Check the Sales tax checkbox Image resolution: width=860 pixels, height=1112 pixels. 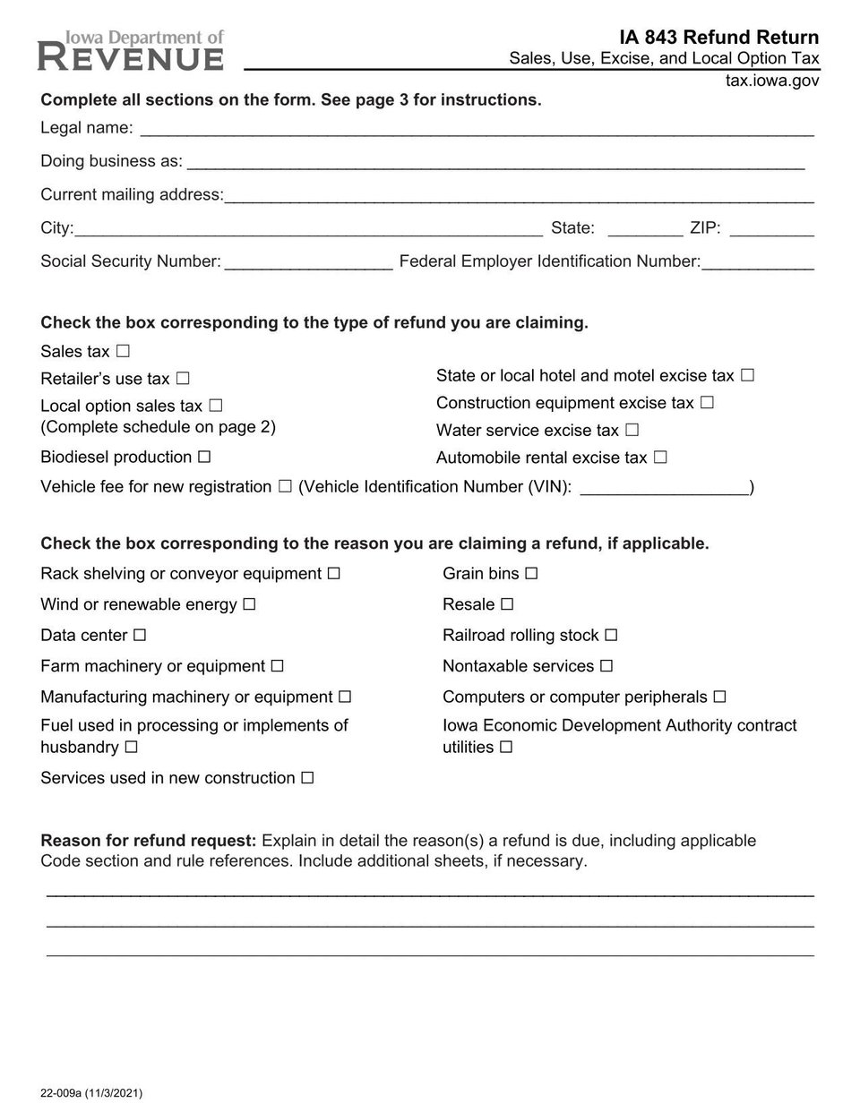pos(123,351)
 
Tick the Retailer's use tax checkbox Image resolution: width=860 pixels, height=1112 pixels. pos(183,379)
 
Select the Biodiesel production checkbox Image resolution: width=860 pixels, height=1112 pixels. pos(204,457)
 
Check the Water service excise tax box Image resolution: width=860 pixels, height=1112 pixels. pos(632,430)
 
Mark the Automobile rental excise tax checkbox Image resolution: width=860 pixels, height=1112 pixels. pos(660,458)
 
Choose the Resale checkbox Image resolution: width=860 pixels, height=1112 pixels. pos(508,604)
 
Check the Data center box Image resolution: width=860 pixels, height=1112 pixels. pos(140,635)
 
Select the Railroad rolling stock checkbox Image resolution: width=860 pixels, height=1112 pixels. pos(611,635)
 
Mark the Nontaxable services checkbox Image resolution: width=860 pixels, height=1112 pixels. pos(606,666)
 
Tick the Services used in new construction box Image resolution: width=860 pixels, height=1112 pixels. pos(307,778)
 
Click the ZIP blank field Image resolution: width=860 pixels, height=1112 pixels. pos(771,231)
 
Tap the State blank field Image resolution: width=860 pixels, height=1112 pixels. pos(645,231)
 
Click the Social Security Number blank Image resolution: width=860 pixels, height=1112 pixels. pos(308,264)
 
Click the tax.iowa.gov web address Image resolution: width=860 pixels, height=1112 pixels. pos(772,81)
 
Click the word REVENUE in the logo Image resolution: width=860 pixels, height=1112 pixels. pos(131,59)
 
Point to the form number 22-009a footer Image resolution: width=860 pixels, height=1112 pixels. pos(91,1093)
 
